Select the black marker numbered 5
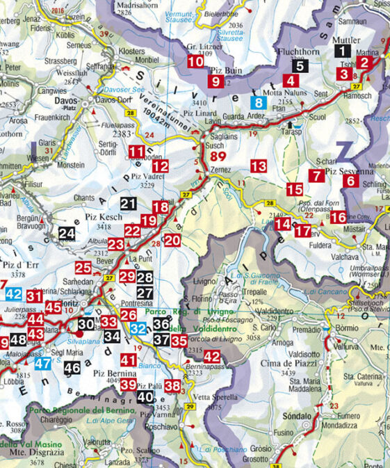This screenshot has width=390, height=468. point(299,67)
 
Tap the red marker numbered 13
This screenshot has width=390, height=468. point(259,166)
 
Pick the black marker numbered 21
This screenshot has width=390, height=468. point(128,204)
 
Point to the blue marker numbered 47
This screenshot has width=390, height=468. point(43,362)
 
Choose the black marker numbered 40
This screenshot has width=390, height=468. point(145,397)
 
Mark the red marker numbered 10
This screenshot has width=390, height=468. point(195,61)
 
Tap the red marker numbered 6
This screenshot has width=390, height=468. point(351,181)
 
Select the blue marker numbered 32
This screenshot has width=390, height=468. point(139,328)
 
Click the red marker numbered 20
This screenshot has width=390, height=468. point(172,241)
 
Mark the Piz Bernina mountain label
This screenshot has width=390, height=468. point(108,373)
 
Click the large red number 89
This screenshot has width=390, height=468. point(217,157)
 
